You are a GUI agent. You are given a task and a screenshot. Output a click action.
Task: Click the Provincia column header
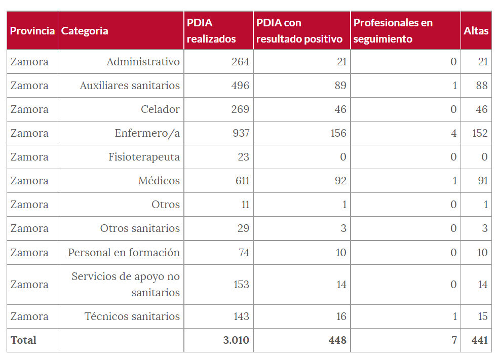tap(32, 31)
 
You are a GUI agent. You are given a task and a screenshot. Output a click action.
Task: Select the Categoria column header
tap(85, 31)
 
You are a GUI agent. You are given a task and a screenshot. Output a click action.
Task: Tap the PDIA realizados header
tap(211, 31)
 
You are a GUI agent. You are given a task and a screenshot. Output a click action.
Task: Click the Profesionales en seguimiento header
tap(393, 31)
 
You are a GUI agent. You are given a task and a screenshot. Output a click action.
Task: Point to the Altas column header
tap(476, 31)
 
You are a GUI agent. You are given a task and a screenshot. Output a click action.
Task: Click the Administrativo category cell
tap(143, 62)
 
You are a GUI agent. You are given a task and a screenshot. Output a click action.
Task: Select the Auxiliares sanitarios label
tap(130, 86)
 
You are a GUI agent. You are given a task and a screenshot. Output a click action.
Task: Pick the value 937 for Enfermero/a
tap(240, 133)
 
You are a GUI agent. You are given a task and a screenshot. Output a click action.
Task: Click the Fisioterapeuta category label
tap(144, 157)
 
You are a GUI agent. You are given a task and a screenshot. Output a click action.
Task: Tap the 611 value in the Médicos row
tap(241, 181)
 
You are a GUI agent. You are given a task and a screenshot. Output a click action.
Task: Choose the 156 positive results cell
tap(338, 133)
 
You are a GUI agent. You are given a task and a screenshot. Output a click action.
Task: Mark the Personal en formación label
tap(124, 252)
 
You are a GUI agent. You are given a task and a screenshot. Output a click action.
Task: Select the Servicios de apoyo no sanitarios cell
tap(126, 284)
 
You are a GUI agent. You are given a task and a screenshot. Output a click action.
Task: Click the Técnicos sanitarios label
tap(132, 316)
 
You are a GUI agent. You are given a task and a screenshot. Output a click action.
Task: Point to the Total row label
tap(24, 340)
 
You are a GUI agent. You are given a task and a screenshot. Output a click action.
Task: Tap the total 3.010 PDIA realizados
tap(236, 340)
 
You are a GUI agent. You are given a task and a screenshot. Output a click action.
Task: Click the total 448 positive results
tap(337, 340)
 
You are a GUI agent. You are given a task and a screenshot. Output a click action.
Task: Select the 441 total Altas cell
tap(479, 340)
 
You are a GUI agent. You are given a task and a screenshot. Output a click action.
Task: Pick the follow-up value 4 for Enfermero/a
tap(453, 133)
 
